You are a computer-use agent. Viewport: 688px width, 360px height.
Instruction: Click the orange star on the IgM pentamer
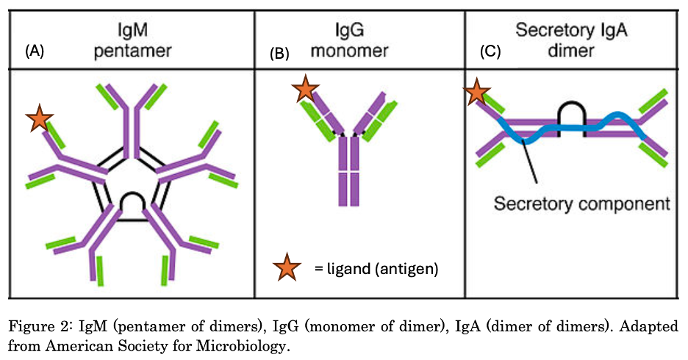(39, 118)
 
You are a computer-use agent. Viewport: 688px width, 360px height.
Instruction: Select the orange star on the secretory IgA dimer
(477, 93)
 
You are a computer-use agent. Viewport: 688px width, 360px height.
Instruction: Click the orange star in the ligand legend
(287, 269)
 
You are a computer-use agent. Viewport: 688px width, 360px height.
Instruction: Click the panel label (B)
(281, 54)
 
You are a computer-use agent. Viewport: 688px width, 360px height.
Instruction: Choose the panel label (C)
(490, 53)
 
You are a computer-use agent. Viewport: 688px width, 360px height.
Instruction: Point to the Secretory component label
(581, 204)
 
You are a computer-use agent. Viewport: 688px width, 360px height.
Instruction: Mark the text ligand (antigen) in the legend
(376, 269)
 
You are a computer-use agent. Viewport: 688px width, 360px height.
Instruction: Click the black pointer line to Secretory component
(531, 162)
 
